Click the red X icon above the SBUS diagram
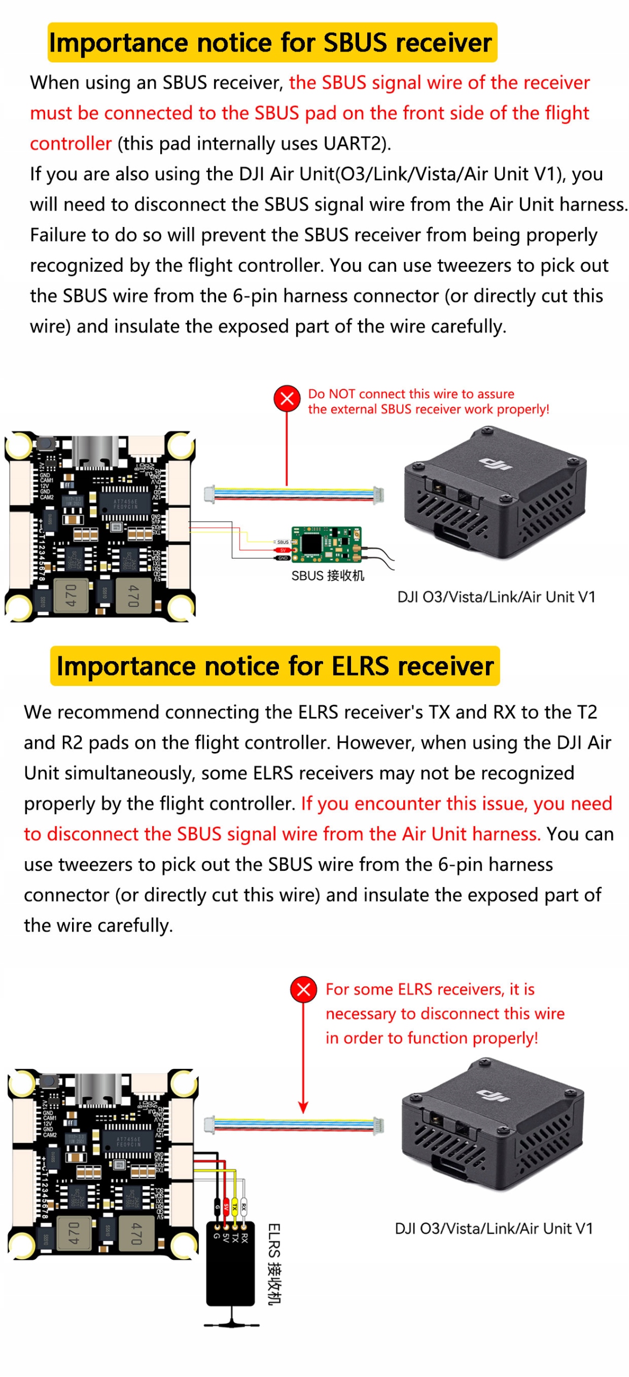287,399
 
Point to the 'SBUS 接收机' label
327,576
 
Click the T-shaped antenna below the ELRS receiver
232,1320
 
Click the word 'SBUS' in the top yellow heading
355,43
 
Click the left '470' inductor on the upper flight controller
71,595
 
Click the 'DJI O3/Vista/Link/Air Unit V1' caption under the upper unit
496,597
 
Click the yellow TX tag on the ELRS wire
234,1206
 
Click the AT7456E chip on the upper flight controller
125,503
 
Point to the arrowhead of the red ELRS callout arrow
303,1109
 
